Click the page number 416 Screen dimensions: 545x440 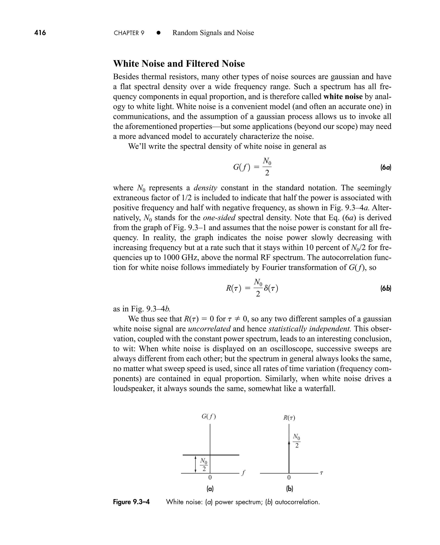tap(40, 33)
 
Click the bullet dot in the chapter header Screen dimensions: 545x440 tap(159, 33)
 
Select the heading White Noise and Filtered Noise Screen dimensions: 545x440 tap(179, 63)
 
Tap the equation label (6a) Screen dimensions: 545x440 tap(386, 167)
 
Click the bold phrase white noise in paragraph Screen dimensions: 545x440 tap(343, 97)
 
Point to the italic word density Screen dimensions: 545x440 tap(205, 188)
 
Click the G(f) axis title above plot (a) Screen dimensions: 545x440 tap(209, 416)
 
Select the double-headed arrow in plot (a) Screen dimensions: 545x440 tap(196, 464)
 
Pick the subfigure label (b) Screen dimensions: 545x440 tap(289, 488)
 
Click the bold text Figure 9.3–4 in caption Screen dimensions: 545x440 tap(131, 502)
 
